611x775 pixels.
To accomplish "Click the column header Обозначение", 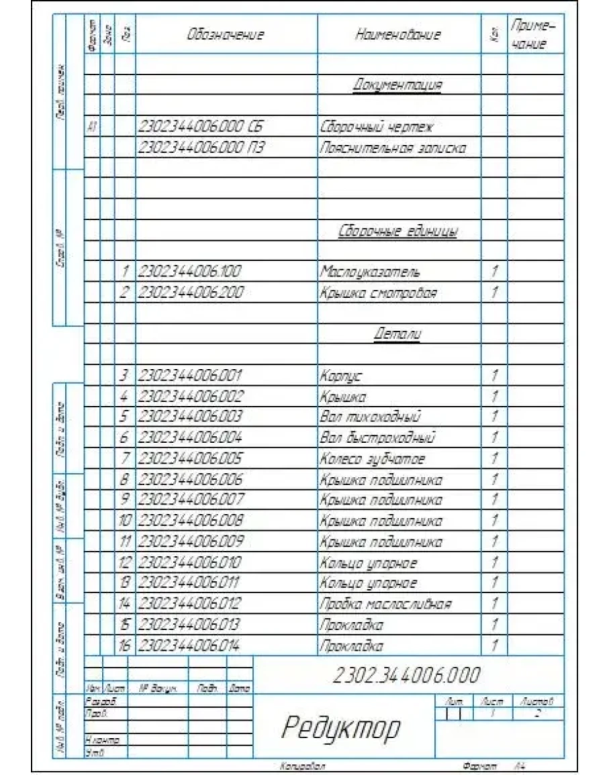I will (226, 35).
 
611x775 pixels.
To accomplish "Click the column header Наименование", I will (397, 35).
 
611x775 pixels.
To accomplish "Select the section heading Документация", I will (397, 85).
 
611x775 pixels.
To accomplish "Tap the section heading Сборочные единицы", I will (397, 231).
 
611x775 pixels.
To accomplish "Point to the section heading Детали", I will (397, 333).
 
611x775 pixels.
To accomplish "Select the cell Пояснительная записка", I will (393, 148).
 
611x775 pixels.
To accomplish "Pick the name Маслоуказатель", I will (370, 272).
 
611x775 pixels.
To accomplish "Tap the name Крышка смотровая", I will (378, 293).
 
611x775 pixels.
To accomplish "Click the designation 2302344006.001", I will (190, 375).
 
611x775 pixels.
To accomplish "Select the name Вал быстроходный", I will (378, 438).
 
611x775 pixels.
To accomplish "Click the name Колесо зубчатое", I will (373, 459).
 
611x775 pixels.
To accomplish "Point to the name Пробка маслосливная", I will (385, 604).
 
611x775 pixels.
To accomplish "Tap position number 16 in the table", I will (125, 646).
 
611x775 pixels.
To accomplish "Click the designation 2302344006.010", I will (190, 562).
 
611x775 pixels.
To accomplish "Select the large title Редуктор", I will (341, 727).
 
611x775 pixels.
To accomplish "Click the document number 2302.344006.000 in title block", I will (407, 674).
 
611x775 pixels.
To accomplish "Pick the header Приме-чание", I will (534, 35).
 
